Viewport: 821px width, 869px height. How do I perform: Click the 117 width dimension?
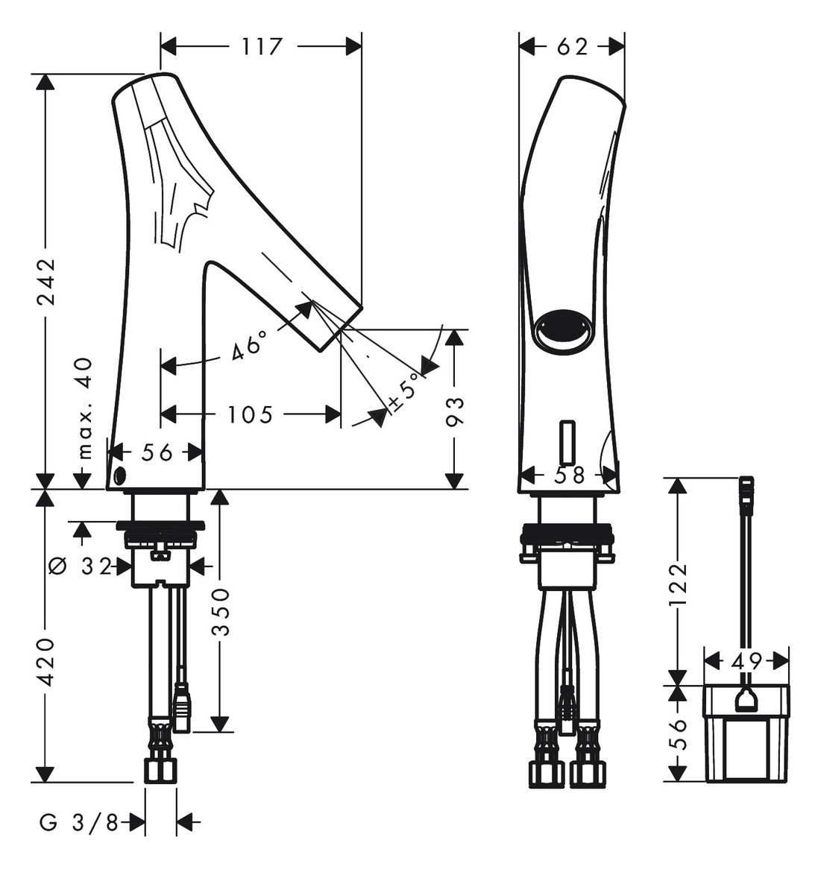(262, 47)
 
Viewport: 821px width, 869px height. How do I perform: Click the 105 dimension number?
(251, 415)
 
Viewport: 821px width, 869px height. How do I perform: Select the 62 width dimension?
(572, 47)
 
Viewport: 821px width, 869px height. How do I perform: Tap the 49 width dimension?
(746, 660)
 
